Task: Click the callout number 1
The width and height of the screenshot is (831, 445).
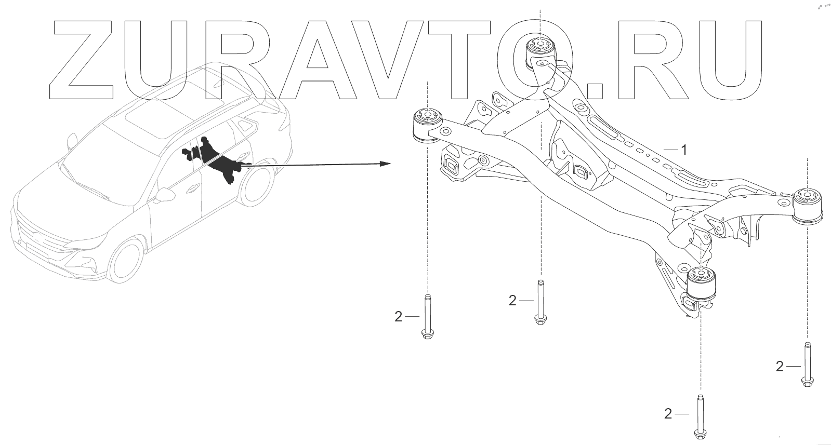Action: tap(684, 150)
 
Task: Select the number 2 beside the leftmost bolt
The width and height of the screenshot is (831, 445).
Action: tap(399, 316)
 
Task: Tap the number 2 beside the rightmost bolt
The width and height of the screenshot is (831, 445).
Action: tap(779, 367)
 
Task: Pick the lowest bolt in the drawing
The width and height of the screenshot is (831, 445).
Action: tap(699, 417)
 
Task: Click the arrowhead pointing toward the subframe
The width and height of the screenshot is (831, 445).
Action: tap(385, 164)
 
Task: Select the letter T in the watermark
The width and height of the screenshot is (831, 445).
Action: tap(478, 60)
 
